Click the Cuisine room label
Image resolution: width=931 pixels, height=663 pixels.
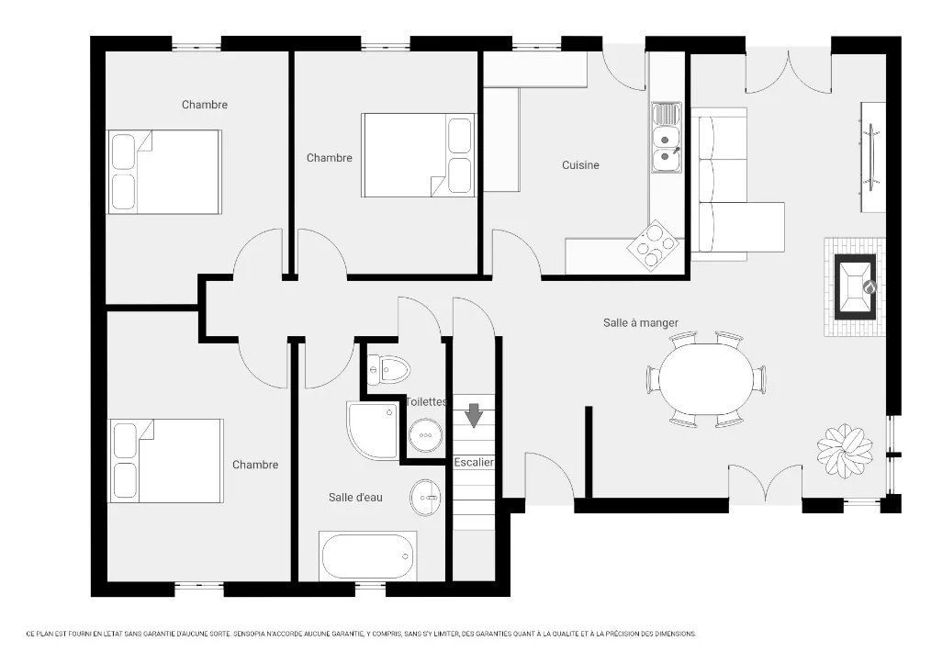point(580,165)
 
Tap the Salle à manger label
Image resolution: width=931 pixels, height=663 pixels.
point(641,322)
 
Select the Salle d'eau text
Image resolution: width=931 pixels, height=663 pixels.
point(355,498)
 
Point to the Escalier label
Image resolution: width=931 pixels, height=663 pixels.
point(474,462)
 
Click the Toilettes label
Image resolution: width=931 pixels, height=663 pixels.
point(426,401)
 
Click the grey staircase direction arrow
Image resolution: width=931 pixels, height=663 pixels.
point(473,415)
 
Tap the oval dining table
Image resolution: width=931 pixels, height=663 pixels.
point(705,379)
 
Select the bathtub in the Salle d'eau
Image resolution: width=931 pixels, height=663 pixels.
point(367,556)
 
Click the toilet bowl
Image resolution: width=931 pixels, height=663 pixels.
point(389,369)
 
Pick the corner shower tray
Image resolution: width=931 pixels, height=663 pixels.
point(372,430)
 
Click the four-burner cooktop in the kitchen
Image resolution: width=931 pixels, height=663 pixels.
point(653,243)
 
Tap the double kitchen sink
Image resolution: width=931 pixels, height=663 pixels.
point(667,137)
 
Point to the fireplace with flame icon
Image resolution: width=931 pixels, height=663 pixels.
point(856,287)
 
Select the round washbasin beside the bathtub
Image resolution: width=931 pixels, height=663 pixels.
point(425,498)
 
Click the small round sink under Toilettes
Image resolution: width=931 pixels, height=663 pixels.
point(426,435)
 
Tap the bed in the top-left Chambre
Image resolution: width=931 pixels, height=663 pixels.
point(163,172)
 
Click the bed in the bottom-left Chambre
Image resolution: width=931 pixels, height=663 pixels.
point(166,461)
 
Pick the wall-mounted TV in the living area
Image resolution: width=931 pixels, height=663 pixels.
point(872,157)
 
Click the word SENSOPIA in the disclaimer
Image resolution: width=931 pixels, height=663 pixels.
point(250,634)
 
